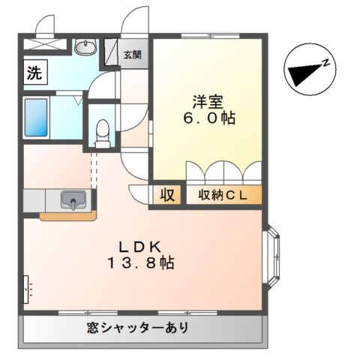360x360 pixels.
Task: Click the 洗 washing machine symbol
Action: click(35, 72)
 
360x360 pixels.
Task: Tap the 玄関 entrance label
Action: click(133, 55)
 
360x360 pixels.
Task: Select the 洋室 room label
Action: click(208, 102)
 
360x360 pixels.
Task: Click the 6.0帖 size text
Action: click(209, 118)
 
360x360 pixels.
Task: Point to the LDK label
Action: click(140, 247)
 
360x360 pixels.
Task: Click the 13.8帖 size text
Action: click(140, 263)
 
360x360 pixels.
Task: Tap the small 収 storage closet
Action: click(166, 195)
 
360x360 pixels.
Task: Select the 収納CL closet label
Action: click(223, 195)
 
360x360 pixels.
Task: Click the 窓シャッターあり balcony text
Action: click(137, 328)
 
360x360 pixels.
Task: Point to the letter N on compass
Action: click(325, 63)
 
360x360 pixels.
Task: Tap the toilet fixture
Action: click(103, 133)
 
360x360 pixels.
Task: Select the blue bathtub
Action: click(36, 118)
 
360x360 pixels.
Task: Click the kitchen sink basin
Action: click(73, 199)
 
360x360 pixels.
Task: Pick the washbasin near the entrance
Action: click(85, 46)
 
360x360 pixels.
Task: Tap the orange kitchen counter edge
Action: click(68, 216)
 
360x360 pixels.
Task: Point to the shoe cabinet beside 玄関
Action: click(111, 52)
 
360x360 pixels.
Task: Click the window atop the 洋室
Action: click(210, 36)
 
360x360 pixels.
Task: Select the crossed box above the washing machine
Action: click(46, 44)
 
